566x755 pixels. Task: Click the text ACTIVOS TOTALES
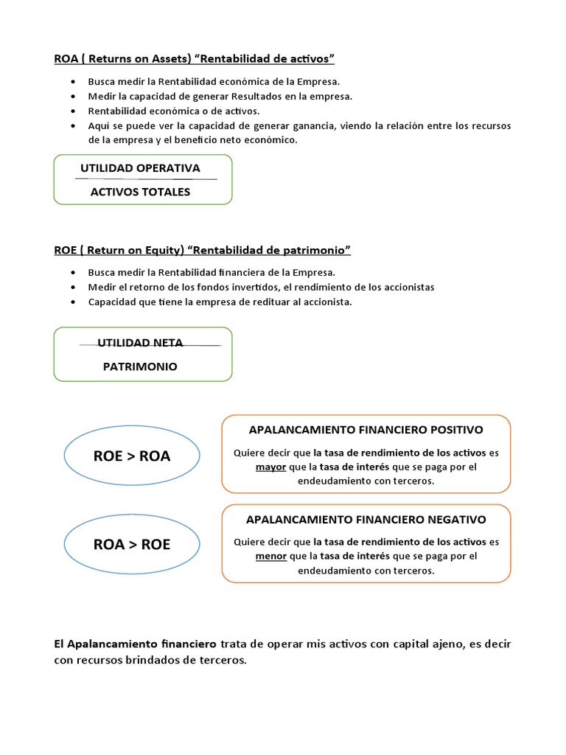(x=140, y=192)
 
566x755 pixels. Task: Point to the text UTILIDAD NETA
(x=140, y=342)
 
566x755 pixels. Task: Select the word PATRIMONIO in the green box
(x=140, y=366)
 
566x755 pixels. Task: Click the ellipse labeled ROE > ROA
(x=132, y=456)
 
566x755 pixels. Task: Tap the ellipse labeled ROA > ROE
(x=132, y=544)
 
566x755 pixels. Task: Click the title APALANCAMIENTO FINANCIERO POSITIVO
(x=366, y=429)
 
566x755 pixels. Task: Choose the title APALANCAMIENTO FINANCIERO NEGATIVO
(x=366, y=519)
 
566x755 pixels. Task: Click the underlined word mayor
(x=270, y=467)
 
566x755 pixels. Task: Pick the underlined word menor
(x=270, y=556)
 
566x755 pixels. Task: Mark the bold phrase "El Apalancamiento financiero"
(x=136, y=644)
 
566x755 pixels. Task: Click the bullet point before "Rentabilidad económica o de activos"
(x=72, y=111)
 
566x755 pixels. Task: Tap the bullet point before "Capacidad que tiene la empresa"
(x=72, y=302)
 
